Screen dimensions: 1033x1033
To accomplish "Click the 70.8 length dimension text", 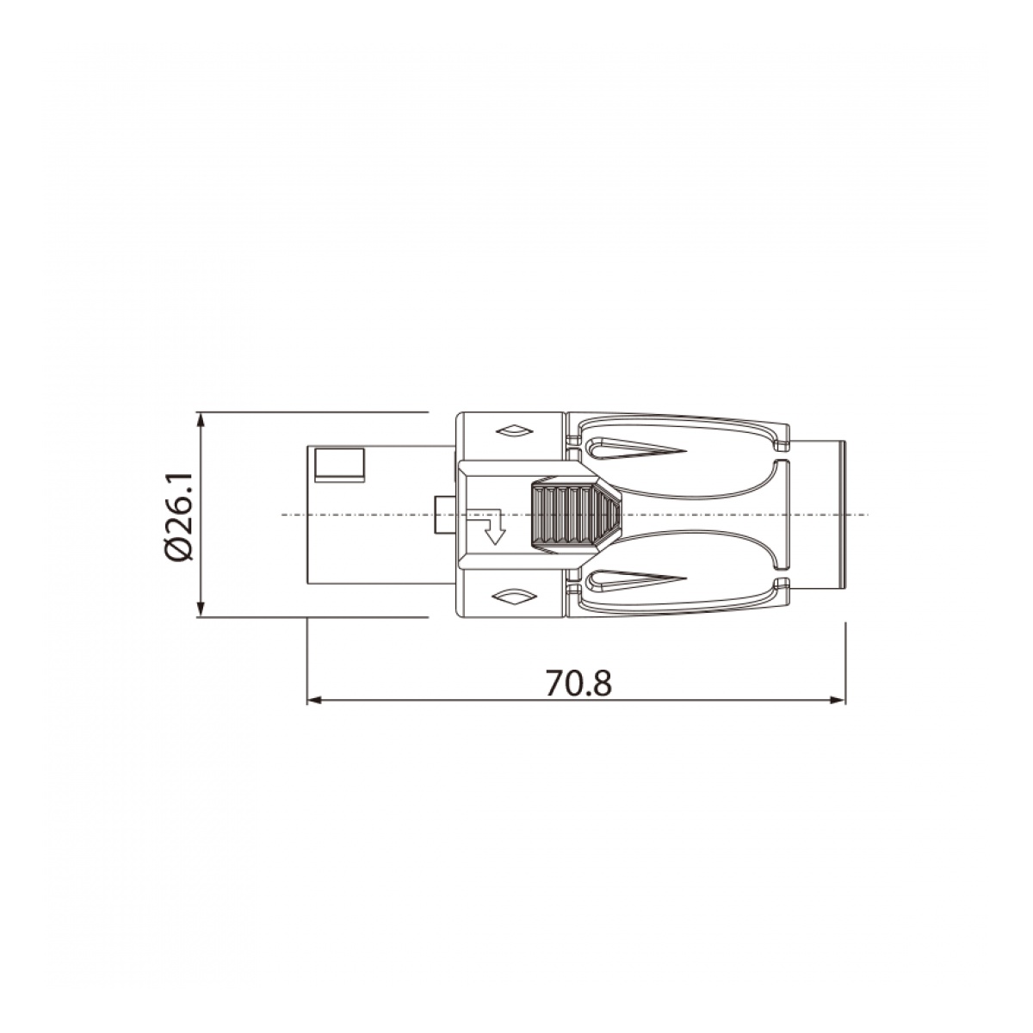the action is pyautogui.click(x=578, y=683).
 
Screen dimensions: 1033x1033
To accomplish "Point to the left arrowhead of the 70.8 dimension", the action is pyautogui.click(x=314, y=700).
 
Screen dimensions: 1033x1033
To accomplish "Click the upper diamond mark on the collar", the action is pyautogui.click(x=514, y=430).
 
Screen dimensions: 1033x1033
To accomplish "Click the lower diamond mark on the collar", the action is pyautogui.click(x=514, y=597).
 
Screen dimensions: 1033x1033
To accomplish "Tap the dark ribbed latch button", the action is pyautogui.click(x=575, y=515).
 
